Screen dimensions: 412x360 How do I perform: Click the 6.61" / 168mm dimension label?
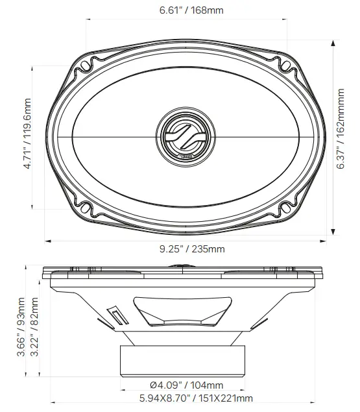tap(187, 10)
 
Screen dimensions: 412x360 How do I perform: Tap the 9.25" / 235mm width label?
tap(187, 249)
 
